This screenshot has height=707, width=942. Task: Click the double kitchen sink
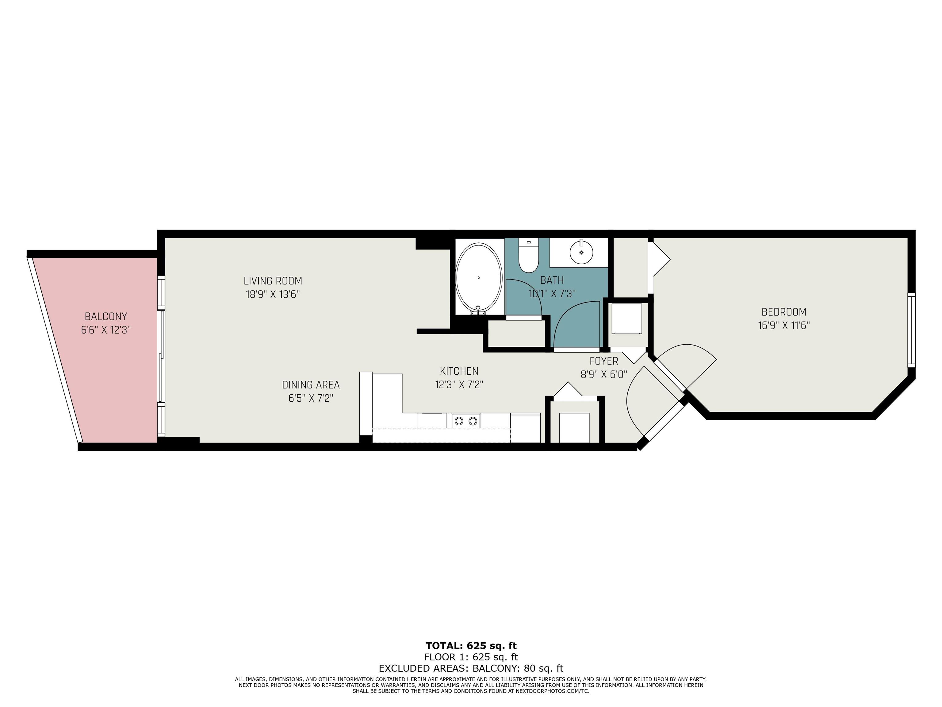tap(466, 421)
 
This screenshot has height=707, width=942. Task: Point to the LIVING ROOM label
tap(273, 281)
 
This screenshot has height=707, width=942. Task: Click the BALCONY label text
tap(106, 317)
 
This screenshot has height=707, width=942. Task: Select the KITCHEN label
tap(459, 371)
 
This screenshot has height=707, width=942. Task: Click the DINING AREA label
tap(311, 385)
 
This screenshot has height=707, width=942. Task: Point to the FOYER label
tap(604, 361)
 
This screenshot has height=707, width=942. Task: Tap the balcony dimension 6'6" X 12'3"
tap(106, 330)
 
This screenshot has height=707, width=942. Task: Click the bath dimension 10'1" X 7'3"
tap(552, 294)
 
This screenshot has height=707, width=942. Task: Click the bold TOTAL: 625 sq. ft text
tap(471, 646)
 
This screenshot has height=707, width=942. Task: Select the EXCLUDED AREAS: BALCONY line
tap(471, 669)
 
